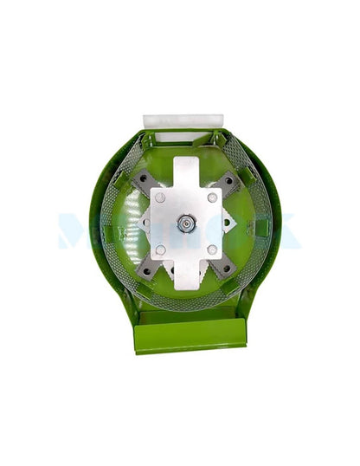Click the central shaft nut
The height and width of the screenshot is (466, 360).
184,223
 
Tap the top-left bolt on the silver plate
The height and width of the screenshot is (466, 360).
160,198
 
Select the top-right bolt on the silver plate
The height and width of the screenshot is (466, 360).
213,197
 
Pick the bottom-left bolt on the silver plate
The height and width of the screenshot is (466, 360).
160,250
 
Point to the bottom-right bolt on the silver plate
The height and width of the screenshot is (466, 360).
213,250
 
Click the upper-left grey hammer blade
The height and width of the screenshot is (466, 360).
143,181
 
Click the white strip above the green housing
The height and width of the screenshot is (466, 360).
183,121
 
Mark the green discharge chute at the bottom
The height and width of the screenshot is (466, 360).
190,336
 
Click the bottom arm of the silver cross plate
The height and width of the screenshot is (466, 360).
186,275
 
